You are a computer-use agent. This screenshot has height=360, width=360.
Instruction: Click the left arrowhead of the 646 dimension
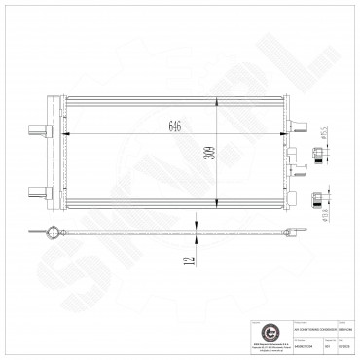pos(63,135)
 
